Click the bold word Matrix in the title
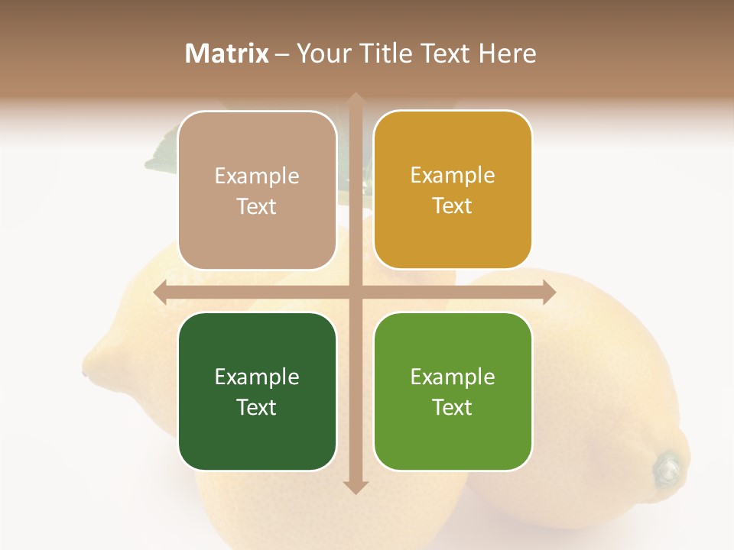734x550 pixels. coord(227,53)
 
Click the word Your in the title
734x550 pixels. coord(322,53)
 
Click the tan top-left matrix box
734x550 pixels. coord(257,190)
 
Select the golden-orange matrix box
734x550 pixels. coord(453,189)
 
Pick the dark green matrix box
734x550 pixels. coord(257,391)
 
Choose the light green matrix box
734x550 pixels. coord(453,391)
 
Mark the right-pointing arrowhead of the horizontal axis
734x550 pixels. coord(549,293)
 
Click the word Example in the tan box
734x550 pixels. coord(257,176)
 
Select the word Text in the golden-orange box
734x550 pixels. coord(453,205)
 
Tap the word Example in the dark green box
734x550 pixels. coord(257,377)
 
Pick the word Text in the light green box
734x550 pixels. coord(453,407)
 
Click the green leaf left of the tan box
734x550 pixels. coord(162,153)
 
